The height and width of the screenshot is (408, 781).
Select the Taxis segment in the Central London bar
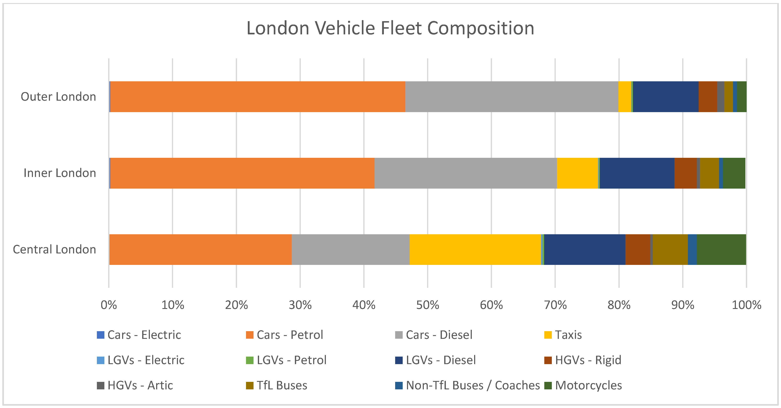point(475,249)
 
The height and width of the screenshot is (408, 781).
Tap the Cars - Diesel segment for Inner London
point(466,173)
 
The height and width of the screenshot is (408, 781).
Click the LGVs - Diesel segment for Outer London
point(666,97)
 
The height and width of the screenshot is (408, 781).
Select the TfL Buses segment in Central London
point(670,249)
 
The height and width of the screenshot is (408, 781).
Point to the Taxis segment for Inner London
point(577,173)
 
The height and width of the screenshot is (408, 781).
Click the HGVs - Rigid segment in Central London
point(638,249)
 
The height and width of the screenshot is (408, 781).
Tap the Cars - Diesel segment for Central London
point(350,249)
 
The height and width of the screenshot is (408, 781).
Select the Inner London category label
point(60,173)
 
